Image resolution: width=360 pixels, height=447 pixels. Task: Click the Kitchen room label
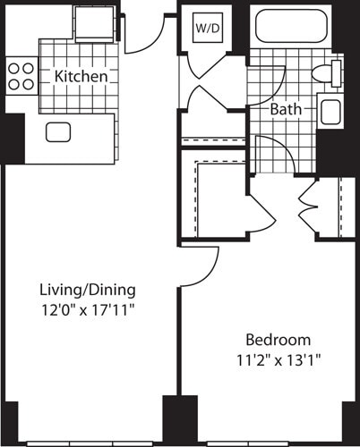pos(81,77)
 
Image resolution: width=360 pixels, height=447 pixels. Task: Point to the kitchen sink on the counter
pos(59,132)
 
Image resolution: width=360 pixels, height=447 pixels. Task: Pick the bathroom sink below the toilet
pos(329,112)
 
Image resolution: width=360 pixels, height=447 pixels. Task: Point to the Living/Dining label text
pos(87,290)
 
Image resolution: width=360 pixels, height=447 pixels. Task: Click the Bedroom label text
pos(279,340)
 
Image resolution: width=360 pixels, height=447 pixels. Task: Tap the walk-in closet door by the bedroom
pos(261,215)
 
